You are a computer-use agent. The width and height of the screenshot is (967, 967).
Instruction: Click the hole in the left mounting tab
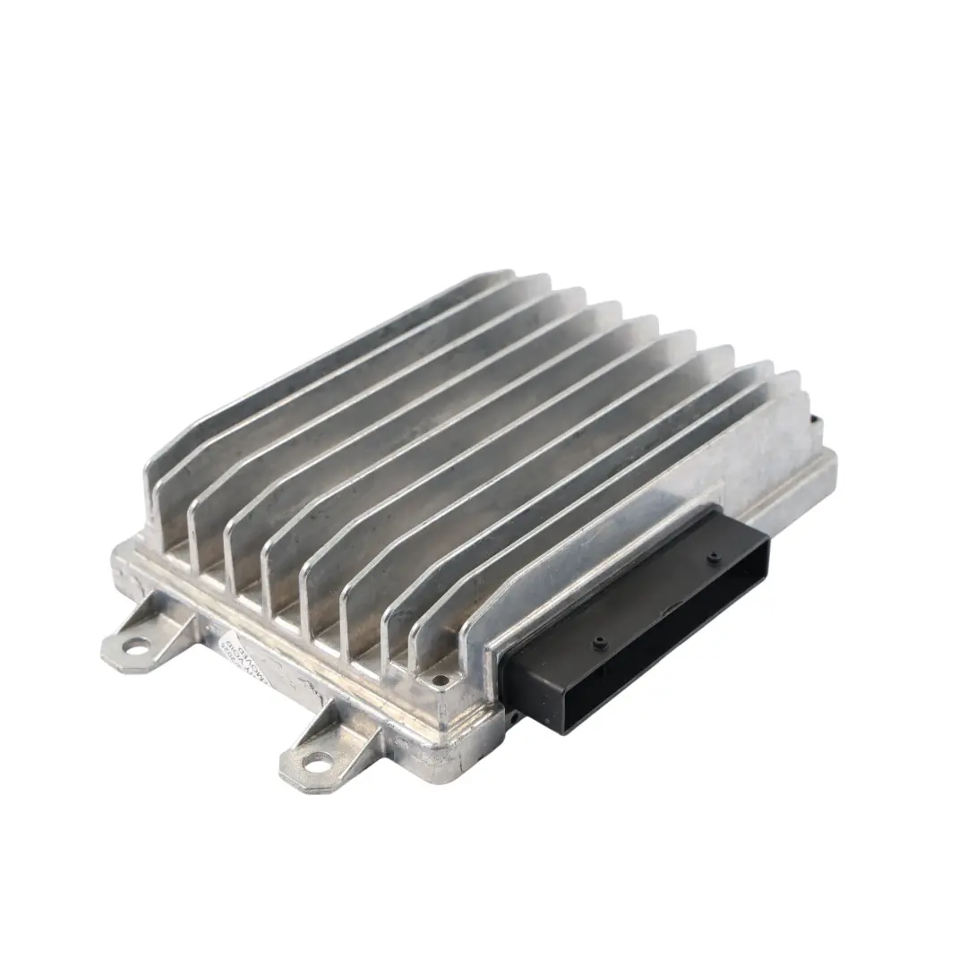click(x=137, y=643)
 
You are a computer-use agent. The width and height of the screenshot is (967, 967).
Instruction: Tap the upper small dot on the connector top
click(x=713, y=559)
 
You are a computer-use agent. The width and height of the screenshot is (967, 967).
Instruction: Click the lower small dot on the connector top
click(x=598, y=641)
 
